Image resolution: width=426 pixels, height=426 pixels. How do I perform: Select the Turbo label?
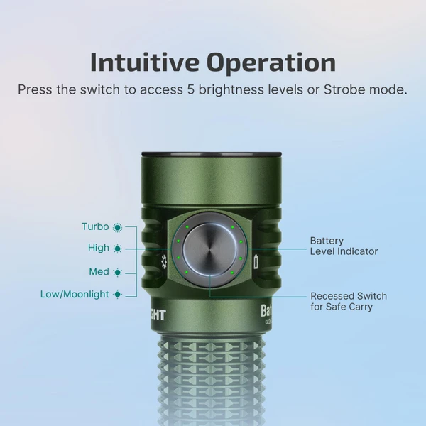[95, 226]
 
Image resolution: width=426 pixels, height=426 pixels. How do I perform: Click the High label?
[99, 248]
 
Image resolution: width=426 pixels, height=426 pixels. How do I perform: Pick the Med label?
[99, 272]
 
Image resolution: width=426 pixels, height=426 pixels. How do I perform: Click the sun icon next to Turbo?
[117, 227]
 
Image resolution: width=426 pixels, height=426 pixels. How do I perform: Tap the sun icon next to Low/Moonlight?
[117, 294]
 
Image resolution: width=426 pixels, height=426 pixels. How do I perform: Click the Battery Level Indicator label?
[344, 246]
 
